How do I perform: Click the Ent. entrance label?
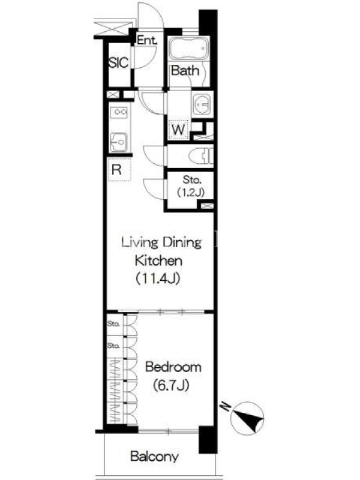click(147, 40)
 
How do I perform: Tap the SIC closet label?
click(118, 63)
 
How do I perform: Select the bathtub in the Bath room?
click(188, 49)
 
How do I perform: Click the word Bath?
click(185, 71)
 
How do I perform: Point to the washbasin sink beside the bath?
click(202, 104)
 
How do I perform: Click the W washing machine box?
click(178, 130)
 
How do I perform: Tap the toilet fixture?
click(201, 157)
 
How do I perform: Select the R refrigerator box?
click(119, 169)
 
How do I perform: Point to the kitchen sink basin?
click(118, 142)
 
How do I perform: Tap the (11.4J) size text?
click(158, 278)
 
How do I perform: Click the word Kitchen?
click(158, 260)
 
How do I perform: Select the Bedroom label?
click(173, 367)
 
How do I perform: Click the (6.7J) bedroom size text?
click(171, 385)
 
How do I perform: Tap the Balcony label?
click(154, 457)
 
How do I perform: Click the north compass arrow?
click(248, 418)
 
